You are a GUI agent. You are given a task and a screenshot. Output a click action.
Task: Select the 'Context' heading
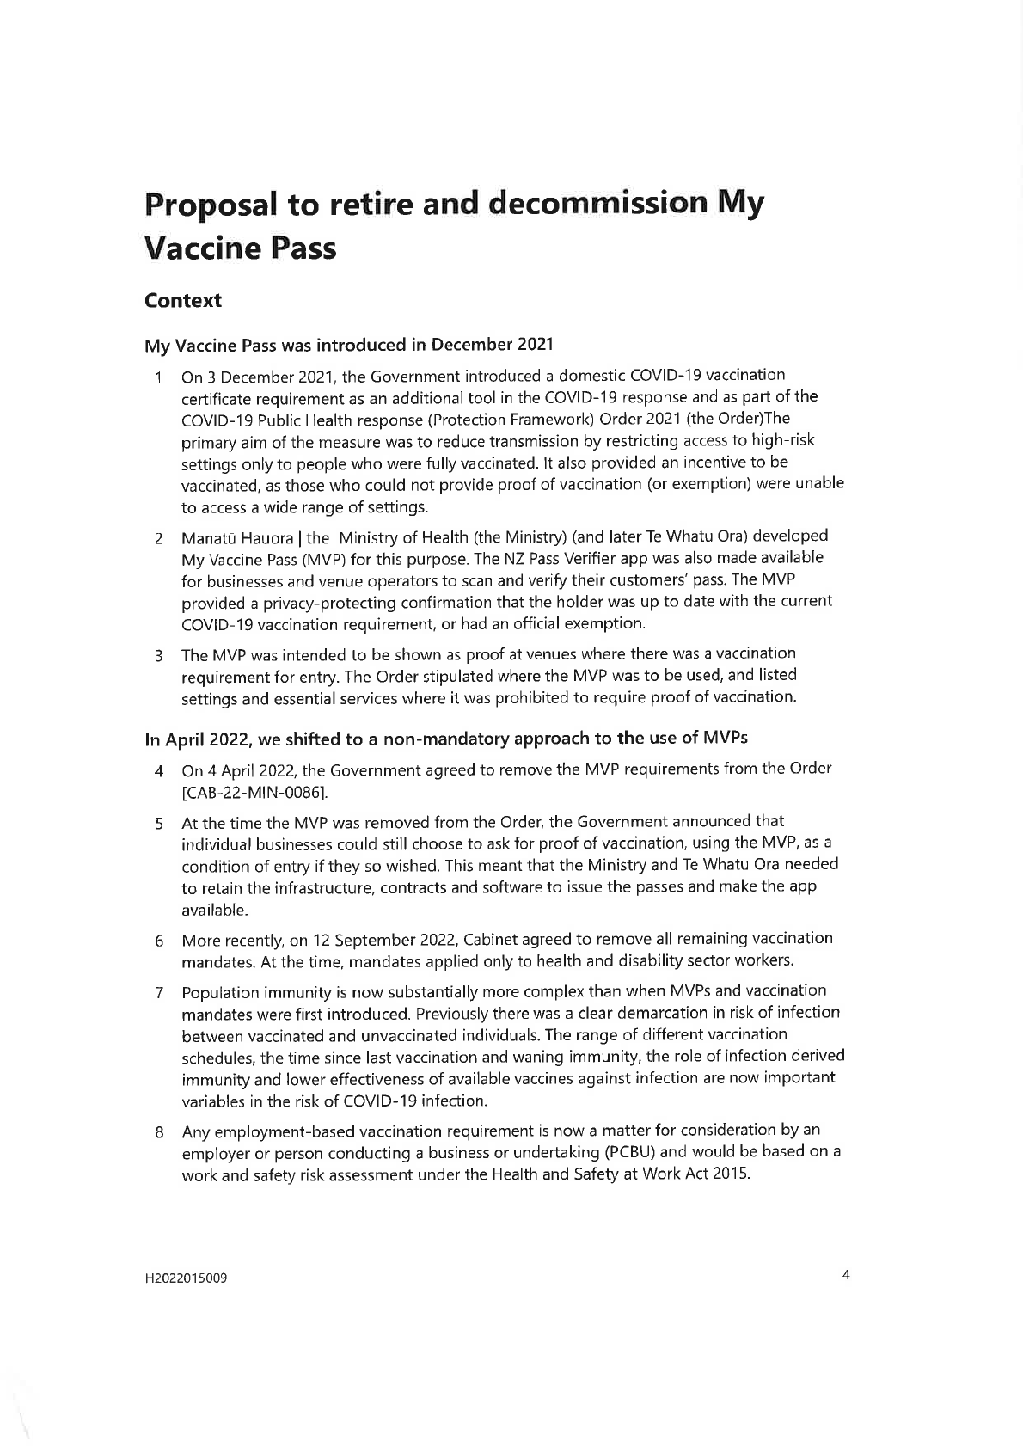tap(182, 301)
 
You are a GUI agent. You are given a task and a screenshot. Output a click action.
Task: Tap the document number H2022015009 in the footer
tap(186, 1278)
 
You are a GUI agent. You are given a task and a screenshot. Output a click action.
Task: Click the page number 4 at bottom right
tap(846, 1276)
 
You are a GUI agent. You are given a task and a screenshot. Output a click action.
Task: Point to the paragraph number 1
tap(158, 377)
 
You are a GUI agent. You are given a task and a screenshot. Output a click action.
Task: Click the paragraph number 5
tap(159, 824)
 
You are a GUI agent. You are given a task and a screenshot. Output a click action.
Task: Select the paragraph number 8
tap(159, 1132)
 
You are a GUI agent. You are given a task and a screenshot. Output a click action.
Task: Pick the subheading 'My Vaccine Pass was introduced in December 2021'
tap(348, 346)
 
